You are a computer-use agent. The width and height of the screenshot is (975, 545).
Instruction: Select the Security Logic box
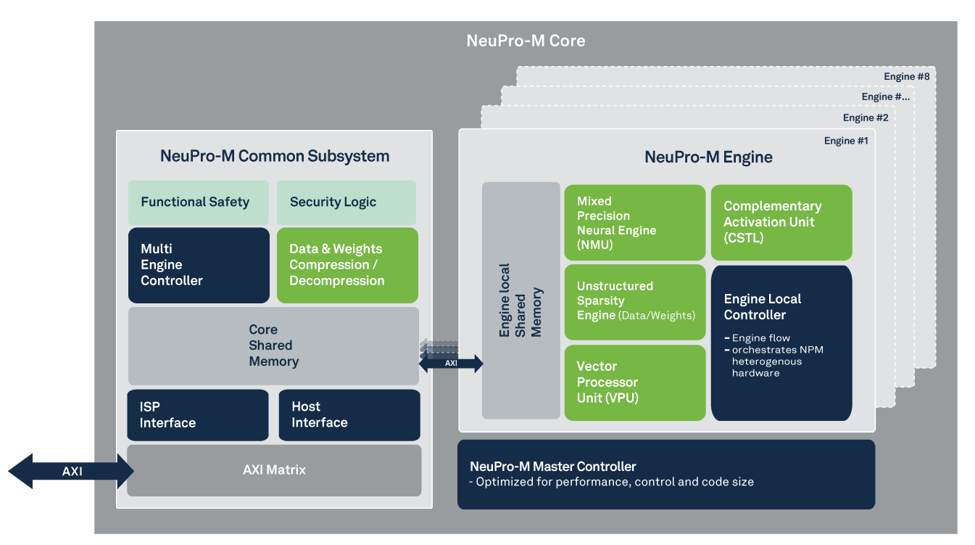[x=346, y=202]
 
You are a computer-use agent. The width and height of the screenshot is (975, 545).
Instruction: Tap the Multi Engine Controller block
[x=199, y=265]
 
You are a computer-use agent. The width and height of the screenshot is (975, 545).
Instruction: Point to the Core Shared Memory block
[x=273, y=345]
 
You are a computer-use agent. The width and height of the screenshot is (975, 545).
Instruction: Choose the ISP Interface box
[x=197, y=415]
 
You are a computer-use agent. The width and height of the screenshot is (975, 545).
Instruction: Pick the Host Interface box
[x=349, y=415]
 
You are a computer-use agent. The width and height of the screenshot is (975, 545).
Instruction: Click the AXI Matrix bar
[x=274, y=470]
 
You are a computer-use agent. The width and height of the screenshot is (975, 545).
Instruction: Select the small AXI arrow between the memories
[x=451, y=363]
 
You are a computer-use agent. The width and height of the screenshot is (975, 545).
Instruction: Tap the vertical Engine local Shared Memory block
[x=520, y=300]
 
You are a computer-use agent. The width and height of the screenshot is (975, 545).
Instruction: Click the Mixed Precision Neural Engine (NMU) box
[x=634, y=223]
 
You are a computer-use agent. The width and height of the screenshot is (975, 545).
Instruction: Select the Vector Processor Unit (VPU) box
[x=634, y=382]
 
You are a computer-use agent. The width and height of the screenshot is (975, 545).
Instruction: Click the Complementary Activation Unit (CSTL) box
[x=781, y=223]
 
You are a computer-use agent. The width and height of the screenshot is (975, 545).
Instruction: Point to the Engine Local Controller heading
[x=762, y=307]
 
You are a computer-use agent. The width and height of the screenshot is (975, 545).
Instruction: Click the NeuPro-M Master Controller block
[x=665, y=474]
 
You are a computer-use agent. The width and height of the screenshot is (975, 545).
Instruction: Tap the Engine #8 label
[x=906, y=76]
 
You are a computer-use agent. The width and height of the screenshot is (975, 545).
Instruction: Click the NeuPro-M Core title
[x=526, y=41]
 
